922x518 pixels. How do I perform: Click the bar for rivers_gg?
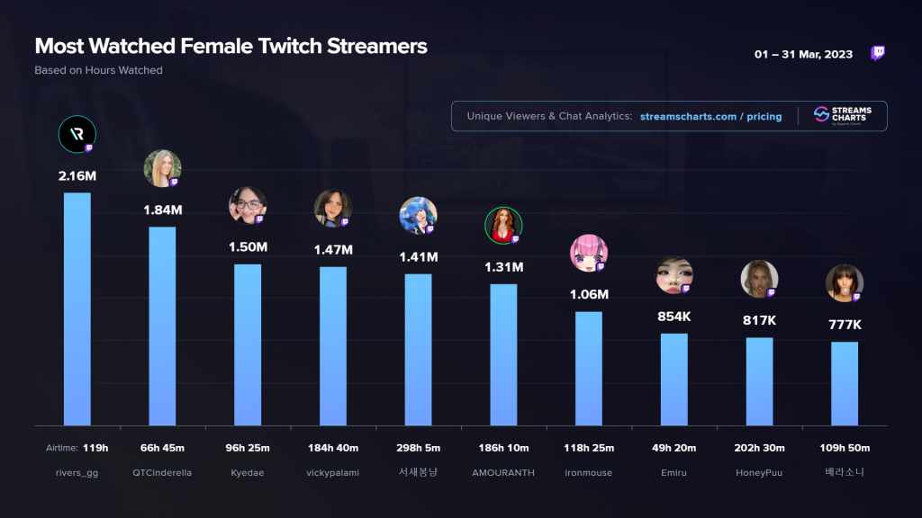(x=77, y=309)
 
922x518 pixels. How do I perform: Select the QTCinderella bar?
(x=162, y=326)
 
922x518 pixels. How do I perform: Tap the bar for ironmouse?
(x=589, y=368)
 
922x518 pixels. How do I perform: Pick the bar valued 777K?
(x=845, y=383)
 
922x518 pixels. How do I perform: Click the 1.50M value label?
(x=248, y=246)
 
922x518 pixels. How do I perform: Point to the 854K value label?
(x=673, y=317)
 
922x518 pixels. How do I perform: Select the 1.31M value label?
(x=503, y=267)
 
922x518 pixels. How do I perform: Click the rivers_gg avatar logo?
(x=77, y=135)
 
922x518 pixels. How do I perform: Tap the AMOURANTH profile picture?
(x=503, y=226)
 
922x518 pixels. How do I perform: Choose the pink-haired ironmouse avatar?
(x=589, y=253)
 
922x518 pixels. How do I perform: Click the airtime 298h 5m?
(x=418, y=448)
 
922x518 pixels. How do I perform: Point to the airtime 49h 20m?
(x=673, y=448)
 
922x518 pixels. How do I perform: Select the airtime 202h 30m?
(x=759, y=448)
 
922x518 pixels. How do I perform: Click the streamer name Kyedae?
(x=248, y=473)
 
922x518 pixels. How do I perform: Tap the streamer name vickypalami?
(x=333, y=473)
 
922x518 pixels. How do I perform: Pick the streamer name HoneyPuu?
(x=759, y=473)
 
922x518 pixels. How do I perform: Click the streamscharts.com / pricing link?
(x=711, y=116)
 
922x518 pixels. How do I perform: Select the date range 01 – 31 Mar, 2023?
(x=803, y=55)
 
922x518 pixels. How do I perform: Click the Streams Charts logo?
(x=843, y=116)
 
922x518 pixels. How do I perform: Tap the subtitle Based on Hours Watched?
(x=99, y=70)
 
